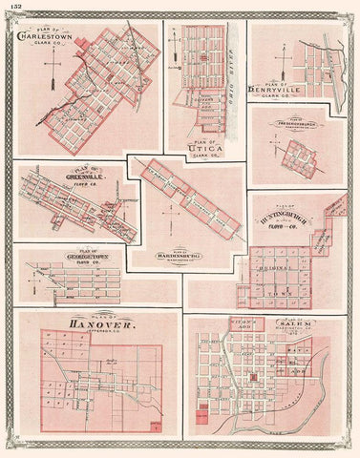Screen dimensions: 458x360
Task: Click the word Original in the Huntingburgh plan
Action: click(282, 270)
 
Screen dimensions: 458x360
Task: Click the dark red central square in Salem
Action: click(254, 379)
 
